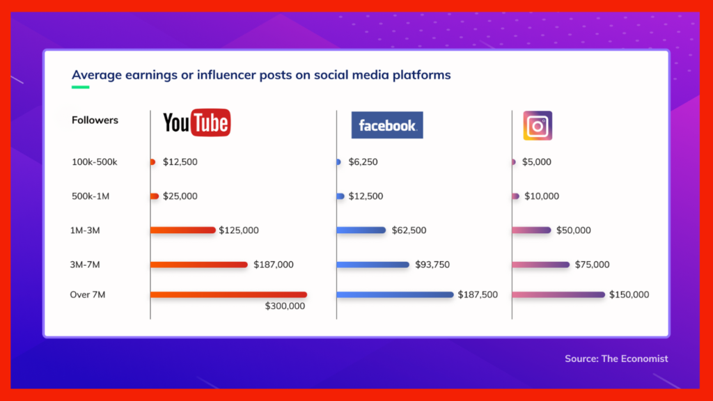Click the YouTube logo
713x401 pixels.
197,123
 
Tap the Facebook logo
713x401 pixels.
387,125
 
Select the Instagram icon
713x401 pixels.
538,125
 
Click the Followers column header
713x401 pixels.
95,120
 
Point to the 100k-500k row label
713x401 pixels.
94,162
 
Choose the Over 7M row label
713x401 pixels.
87,294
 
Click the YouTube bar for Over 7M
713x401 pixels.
228,294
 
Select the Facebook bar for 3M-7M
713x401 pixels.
373,265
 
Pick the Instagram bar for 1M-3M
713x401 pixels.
531,230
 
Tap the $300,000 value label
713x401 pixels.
285,306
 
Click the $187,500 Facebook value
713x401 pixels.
478,294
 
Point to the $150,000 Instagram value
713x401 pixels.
629,294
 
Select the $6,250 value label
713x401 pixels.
363,162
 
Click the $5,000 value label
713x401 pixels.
537,162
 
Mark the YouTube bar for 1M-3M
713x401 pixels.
183,230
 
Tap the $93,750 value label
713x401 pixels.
432,265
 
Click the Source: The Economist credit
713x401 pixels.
616,359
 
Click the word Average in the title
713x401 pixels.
96,75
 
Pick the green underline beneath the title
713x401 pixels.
81,87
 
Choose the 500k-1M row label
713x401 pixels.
90,196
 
